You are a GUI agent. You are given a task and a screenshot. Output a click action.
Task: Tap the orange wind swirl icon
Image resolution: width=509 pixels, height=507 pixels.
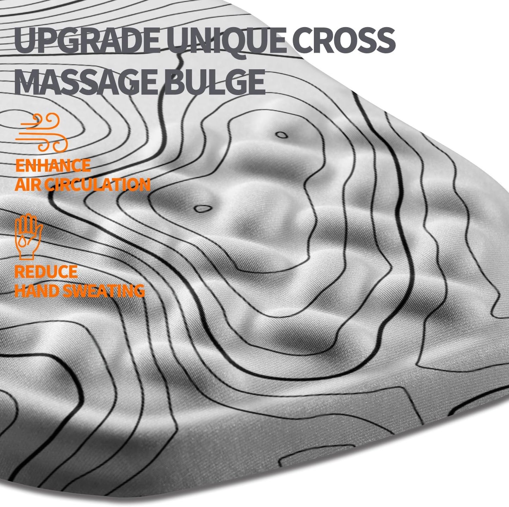42,132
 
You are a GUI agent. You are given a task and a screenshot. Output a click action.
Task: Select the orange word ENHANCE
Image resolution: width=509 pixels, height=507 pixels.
53,165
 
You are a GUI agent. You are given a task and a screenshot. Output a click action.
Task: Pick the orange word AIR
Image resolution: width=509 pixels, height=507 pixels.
27,184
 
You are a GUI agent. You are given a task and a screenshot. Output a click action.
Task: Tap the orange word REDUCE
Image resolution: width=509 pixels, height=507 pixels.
46,272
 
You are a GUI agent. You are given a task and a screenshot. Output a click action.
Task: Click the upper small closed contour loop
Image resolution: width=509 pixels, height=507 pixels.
281,134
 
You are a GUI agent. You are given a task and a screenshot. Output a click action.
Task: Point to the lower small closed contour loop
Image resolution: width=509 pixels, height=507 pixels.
202,209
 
